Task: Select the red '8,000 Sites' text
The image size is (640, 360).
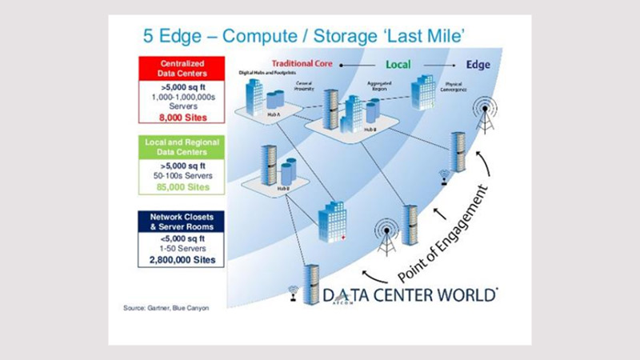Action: coord(180,117)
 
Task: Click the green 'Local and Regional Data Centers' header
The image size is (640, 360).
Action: coord(180,147)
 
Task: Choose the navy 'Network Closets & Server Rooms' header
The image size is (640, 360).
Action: coord(180,222)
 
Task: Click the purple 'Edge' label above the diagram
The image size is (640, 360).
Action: coord(478,63)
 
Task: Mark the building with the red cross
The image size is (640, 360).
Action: coord(331,221)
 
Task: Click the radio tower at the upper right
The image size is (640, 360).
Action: coord(484,115)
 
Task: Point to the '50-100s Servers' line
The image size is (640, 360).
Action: coord(180,175)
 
